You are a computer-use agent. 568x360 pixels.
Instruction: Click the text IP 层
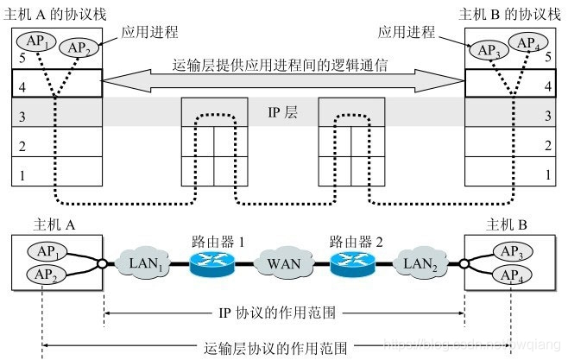pos(282,113)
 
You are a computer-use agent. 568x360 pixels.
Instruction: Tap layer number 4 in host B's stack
pos(548,86)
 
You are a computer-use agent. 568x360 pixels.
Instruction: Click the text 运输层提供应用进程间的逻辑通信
pos(282,66)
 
